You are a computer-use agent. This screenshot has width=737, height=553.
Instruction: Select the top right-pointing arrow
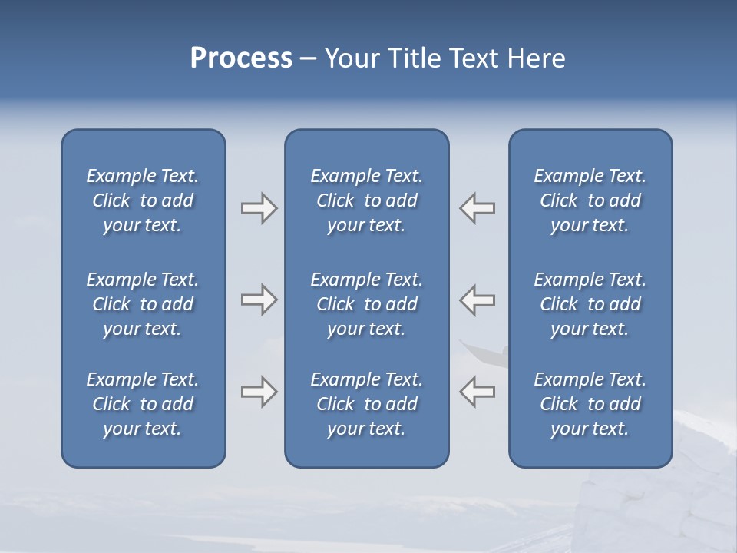coord(259,208)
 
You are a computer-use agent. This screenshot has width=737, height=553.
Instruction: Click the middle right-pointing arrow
coord(259,300)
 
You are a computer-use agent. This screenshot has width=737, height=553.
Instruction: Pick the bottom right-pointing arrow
coord(259,392)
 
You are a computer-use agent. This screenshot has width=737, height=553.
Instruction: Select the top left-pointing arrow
coord(478,208)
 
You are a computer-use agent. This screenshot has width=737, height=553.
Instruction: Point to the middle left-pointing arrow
coord(478,300)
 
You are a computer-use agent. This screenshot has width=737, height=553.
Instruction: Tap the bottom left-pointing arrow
coord(478,392)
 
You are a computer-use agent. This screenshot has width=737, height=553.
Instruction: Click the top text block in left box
coord(143,200)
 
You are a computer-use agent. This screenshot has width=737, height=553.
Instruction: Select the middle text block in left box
coord(143,304)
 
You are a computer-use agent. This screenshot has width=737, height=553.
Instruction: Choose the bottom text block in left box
coord(143,404)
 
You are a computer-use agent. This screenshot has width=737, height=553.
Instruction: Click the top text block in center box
coord(366,200)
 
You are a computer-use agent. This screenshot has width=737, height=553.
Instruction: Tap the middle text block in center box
coord(366,304)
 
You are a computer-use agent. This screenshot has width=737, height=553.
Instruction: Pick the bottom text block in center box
coord(366,404)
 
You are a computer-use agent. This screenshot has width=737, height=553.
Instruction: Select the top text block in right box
coord(590,200)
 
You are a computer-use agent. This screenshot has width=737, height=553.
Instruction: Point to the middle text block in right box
coord(590,304)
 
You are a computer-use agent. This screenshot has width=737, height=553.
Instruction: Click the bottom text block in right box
coord(590,404)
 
